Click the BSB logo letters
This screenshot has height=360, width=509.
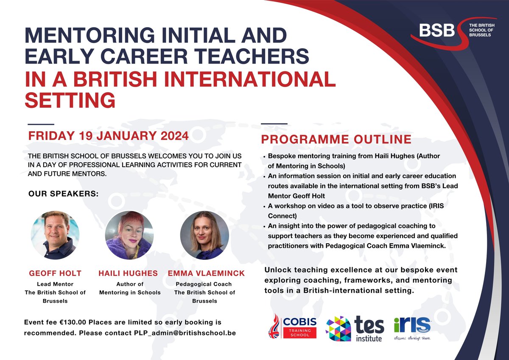[x=437, y=31]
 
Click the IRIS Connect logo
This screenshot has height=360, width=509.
[x=412, y=326]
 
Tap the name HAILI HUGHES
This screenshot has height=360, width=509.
[x=129, y=273]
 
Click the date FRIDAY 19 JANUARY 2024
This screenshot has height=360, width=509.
[x=108, y=136]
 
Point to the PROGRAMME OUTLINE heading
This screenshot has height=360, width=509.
[x=336, y=140]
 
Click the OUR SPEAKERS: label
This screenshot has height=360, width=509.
[x=63, y=194]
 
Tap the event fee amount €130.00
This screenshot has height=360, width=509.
[x=77, y=323]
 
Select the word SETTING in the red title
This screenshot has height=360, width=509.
[x=70, y=100]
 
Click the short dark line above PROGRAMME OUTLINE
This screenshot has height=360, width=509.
[x=274, y=124]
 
